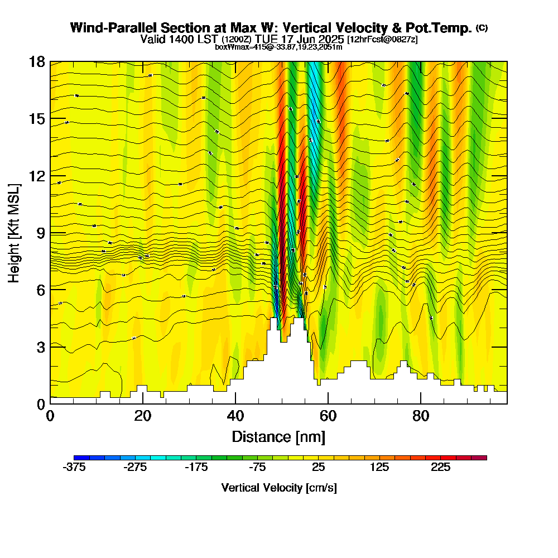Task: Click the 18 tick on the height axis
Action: coord(37,61)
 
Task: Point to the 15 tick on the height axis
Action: coord(37,119)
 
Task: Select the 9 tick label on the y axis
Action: coord(40,233)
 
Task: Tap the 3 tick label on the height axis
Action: coord(40,347)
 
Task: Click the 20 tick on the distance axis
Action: coord(143,416)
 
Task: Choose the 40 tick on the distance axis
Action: coord(235,416)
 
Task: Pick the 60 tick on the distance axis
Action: coord(328,416)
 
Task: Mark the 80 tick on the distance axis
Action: coord(421,416)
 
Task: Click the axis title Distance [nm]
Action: coord(278,436)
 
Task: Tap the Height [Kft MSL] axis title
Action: coord(15,232)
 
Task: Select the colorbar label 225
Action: coord(441,468)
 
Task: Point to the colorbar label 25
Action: coord(319,468)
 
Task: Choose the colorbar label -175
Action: coord(196,468)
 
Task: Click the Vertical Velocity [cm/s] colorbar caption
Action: coord(279,488)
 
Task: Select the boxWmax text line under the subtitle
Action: coord(278,47)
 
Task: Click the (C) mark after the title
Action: coord(482,27)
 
